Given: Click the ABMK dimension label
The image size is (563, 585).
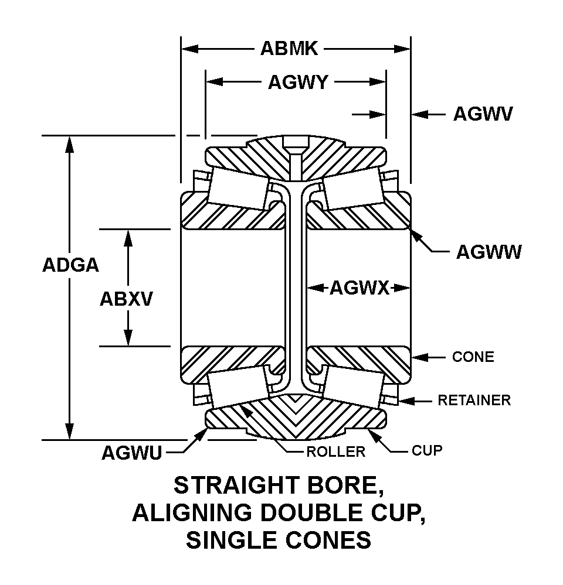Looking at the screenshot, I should tap(289, 49).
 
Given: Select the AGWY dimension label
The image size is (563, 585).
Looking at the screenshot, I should tap(297, 83).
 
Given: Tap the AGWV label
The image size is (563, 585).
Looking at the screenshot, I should tap(483, 114).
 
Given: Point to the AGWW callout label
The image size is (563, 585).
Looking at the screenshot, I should tap(489, 252).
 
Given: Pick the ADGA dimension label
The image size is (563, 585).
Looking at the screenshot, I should tap(70, 265).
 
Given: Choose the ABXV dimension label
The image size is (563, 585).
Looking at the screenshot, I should tap(126, 299).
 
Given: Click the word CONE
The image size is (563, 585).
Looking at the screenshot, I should tap(473, 357).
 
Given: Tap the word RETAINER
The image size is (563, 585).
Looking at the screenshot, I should tap(474, 401).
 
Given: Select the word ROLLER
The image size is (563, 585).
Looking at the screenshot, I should tap(336, 451).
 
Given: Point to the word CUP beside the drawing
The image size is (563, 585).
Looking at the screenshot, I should tap(426, 450).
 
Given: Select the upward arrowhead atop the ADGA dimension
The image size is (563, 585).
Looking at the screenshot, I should tap(70, 144).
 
